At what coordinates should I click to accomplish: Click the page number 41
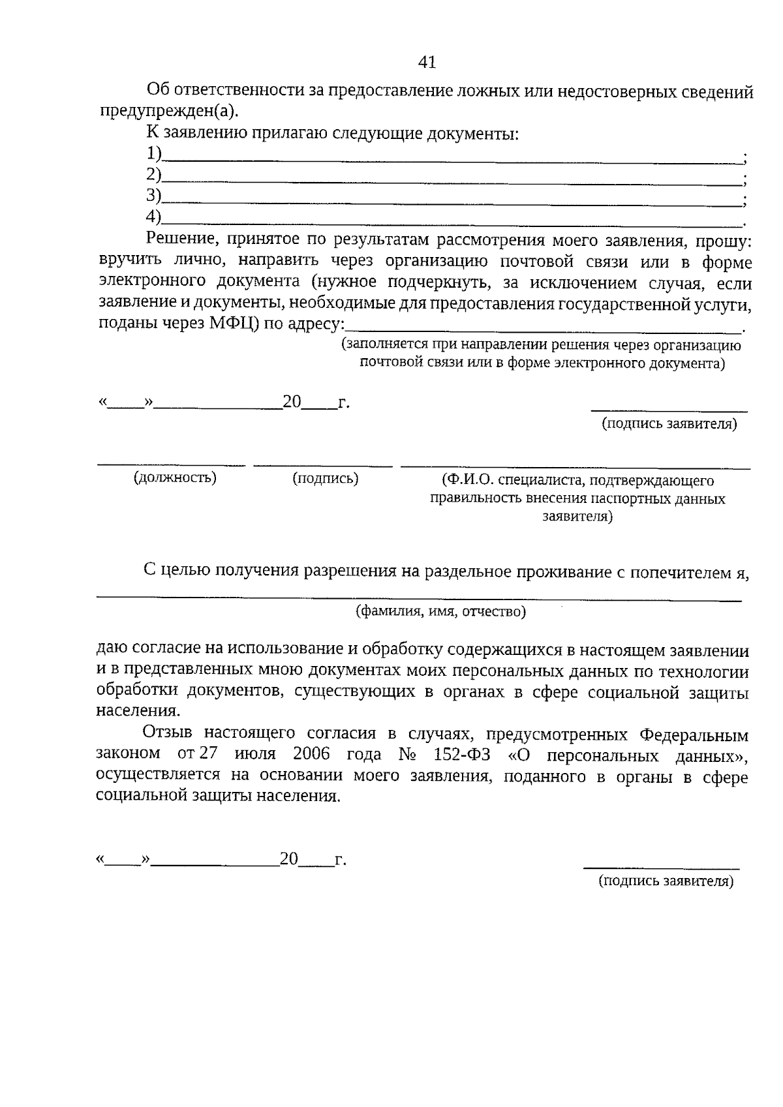(x=426, y=62)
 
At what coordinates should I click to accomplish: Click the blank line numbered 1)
(x=450, y=159)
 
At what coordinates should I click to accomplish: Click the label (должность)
(x=175, y=478)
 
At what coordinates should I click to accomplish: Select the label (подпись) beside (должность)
(x=325, y=478)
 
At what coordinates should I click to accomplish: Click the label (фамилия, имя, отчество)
(x=440, y=611)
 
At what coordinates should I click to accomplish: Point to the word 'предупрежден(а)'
(x=169, y=111)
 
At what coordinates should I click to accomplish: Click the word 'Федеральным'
(x=694, y=735)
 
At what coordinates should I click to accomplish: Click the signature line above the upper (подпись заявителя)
(x=669, y=410)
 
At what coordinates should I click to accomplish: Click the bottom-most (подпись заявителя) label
(x=666, y=881)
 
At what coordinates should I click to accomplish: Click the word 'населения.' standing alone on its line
(x=138, y=710)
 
